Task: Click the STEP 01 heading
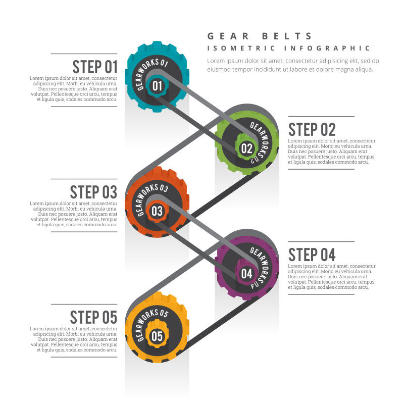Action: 94,67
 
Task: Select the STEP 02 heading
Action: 312,129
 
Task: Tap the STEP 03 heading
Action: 93,192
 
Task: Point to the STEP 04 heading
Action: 312,255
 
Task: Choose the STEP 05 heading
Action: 93,318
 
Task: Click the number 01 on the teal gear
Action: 157,86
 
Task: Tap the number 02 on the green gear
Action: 246,148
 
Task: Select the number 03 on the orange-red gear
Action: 157,211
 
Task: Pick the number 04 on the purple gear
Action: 246,274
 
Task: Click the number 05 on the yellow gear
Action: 157,336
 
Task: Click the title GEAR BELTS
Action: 260,36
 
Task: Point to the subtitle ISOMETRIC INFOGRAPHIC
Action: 289,48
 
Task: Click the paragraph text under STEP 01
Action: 74,89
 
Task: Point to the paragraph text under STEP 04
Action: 332,277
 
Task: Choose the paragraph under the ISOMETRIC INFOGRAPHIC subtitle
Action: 293,65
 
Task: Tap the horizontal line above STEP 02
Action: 321,117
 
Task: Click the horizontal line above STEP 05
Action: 84,305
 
